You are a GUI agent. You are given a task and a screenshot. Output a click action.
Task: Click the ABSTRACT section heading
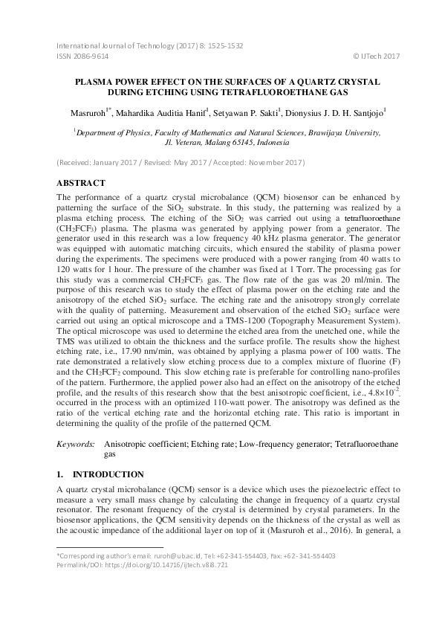pos(81,183)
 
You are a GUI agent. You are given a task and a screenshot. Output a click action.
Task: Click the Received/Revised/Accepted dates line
pos(180,162)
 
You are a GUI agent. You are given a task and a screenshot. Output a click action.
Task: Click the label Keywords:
pos(76,444)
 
